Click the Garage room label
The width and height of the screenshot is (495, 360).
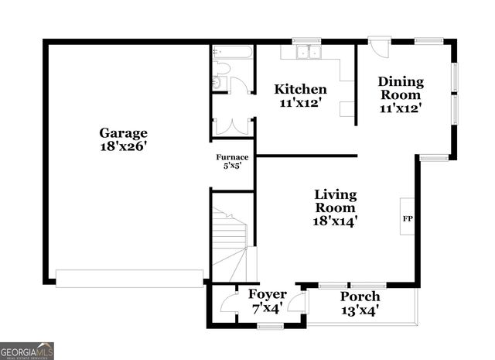coord(123,132)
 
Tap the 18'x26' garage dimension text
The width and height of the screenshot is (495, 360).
coord(123,146)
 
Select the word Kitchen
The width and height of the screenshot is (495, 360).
coord(301,89)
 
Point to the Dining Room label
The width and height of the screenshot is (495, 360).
coord(401,88)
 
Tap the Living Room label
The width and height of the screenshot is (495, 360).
coord(334,201)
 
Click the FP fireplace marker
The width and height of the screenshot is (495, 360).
coord(407,218)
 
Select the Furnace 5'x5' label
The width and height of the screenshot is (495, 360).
coord(232,160)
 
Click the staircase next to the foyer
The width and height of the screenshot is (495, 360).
coord(230,240)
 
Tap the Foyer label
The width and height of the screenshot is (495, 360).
coord(267,295)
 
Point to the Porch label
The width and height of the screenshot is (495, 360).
coord(360,297)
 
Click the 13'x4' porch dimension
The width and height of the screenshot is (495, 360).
coord(360,310)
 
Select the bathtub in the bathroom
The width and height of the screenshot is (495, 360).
coord(232,54)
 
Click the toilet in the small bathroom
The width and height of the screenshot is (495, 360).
coord(218,82)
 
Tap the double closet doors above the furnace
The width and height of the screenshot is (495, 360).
coord(232,125)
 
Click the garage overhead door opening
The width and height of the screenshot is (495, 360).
coord(130,278)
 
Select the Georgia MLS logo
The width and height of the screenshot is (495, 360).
coord(27,351)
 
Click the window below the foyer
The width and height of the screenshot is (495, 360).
coord(271,327)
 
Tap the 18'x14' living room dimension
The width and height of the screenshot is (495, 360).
coord(334,221)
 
